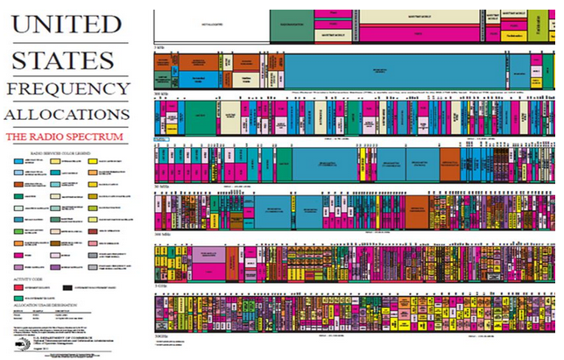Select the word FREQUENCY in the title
pos(67,88)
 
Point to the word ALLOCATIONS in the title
pos(67,115)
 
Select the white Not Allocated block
pos(210,25)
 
